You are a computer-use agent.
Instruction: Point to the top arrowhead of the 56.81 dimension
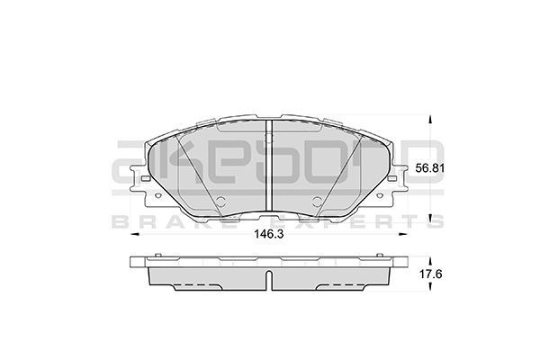tap(430, 119)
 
